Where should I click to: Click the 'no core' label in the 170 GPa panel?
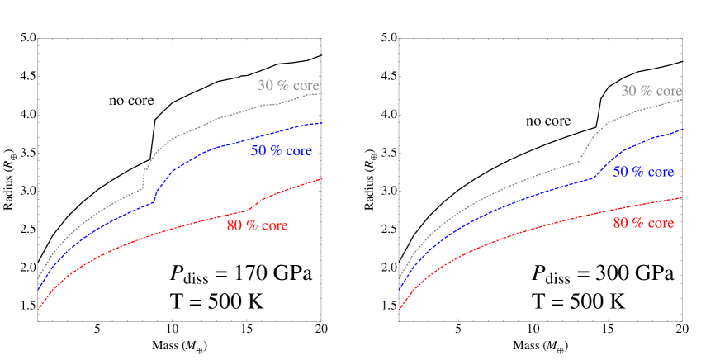coord(131,101)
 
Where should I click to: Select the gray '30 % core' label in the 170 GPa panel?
coord(288,86)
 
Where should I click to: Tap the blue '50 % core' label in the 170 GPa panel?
coord(282,151)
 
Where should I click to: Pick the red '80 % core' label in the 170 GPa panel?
coord(258,226)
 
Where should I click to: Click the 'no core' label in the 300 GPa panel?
coord(548,121)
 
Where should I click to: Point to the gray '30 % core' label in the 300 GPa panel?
coord(651,91)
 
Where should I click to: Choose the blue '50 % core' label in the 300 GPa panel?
coord(643,172)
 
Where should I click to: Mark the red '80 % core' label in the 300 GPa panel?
coord(643,223)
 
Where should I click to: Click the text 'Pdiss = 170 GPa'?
coord(240,274)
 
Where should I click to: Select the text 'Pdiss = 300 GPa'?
coord(602,274)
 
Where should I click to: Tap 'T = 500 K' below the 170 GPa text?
coord(216,301)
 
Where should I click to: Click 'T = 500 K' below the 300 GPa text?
coord(577,301)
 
